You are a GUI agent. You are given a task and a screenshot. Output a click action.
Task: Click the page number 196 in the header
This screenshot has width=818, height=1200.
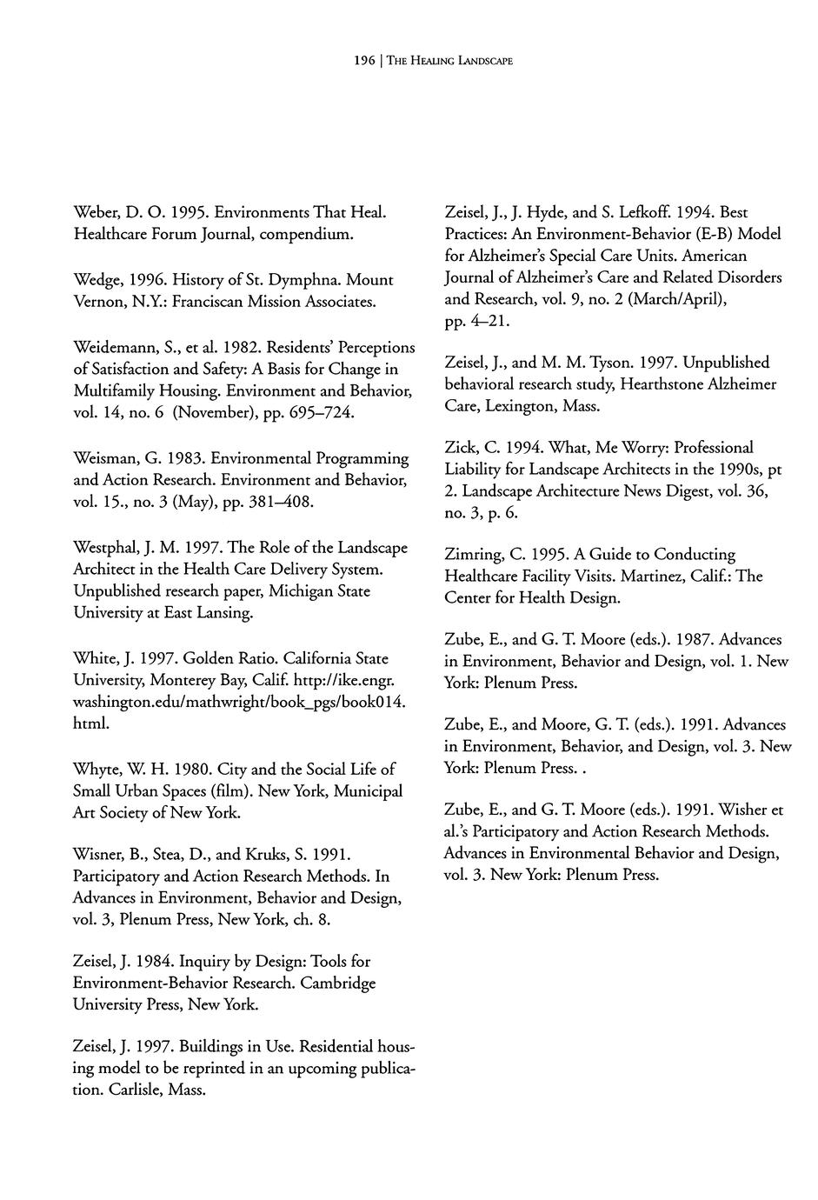363,61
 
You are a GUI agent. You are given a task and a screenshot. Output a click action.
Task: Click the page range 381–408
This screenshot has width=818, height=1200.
279,503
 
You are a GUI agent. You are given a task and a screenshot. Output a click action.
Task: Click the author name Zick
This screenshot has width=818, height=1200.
462,448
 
